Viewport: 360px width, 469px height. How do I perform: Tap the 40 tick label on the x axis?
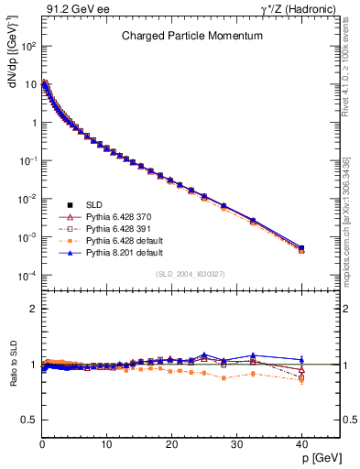301,444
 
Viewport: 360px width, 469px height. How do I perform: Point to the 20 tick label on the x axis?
171,444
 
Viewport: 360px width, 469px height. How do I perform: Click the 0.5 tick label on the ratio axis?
28,420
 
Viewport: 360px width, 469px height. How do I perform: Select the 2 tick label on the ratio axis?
33,309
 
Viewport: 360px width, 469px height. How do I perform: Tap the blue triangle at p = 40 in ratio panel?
301,359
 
